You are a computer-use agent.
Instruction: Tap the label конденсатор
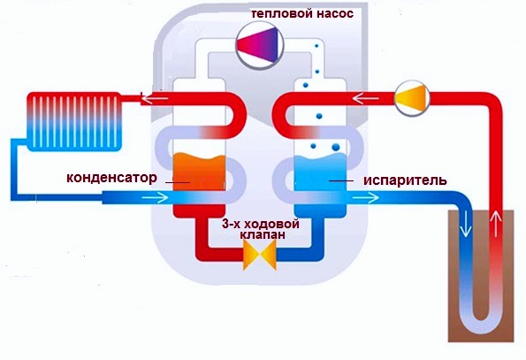point(111,178)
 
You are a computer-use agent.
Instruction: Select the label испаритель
point(405,180)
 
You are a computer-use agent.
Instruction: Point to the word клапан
point(263,234)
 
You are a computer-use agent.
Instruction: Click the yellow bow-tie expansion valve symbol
point(260,255)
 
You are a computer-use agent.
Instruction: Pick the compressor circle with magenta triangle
point(260,44)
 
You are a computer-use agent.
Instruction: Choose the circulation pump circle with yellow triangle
point(412,98)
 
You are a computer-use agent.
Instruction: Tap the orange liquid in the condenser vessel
point(198,172)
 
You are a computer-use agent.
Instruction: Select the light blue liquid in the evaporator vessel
point(320,172)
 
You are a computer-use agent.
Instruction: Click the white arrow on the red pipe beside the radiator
point(154,98)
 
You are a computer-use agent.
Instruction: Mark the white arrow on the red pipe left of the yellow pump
point(366,99)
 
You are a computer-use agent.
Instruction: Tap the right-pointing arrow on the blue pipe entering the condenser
point(156,197)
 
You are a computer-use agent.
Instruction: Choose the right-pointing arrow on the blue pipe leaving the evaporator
point(366,197)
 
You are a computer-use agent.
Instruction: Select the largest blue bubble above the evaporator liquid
point(335,147)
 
